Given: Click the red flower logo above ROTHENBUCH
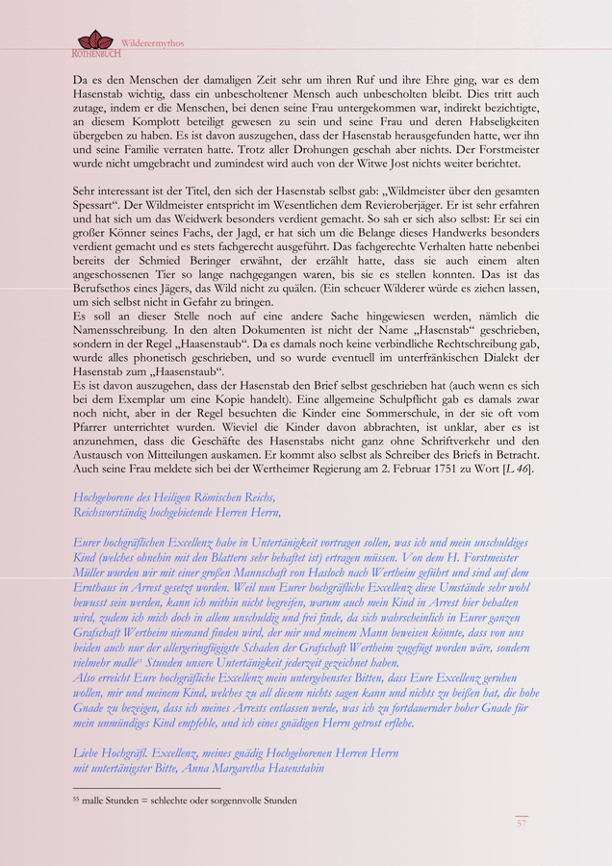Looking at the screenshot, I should pyautogui.click(x=94, y=39).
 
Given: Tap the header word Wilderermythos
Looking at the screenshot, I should pyautogui.click(x=152, y=43).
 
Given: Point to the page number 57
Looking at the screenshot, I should pyautogui.click(x=521, y=823).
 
